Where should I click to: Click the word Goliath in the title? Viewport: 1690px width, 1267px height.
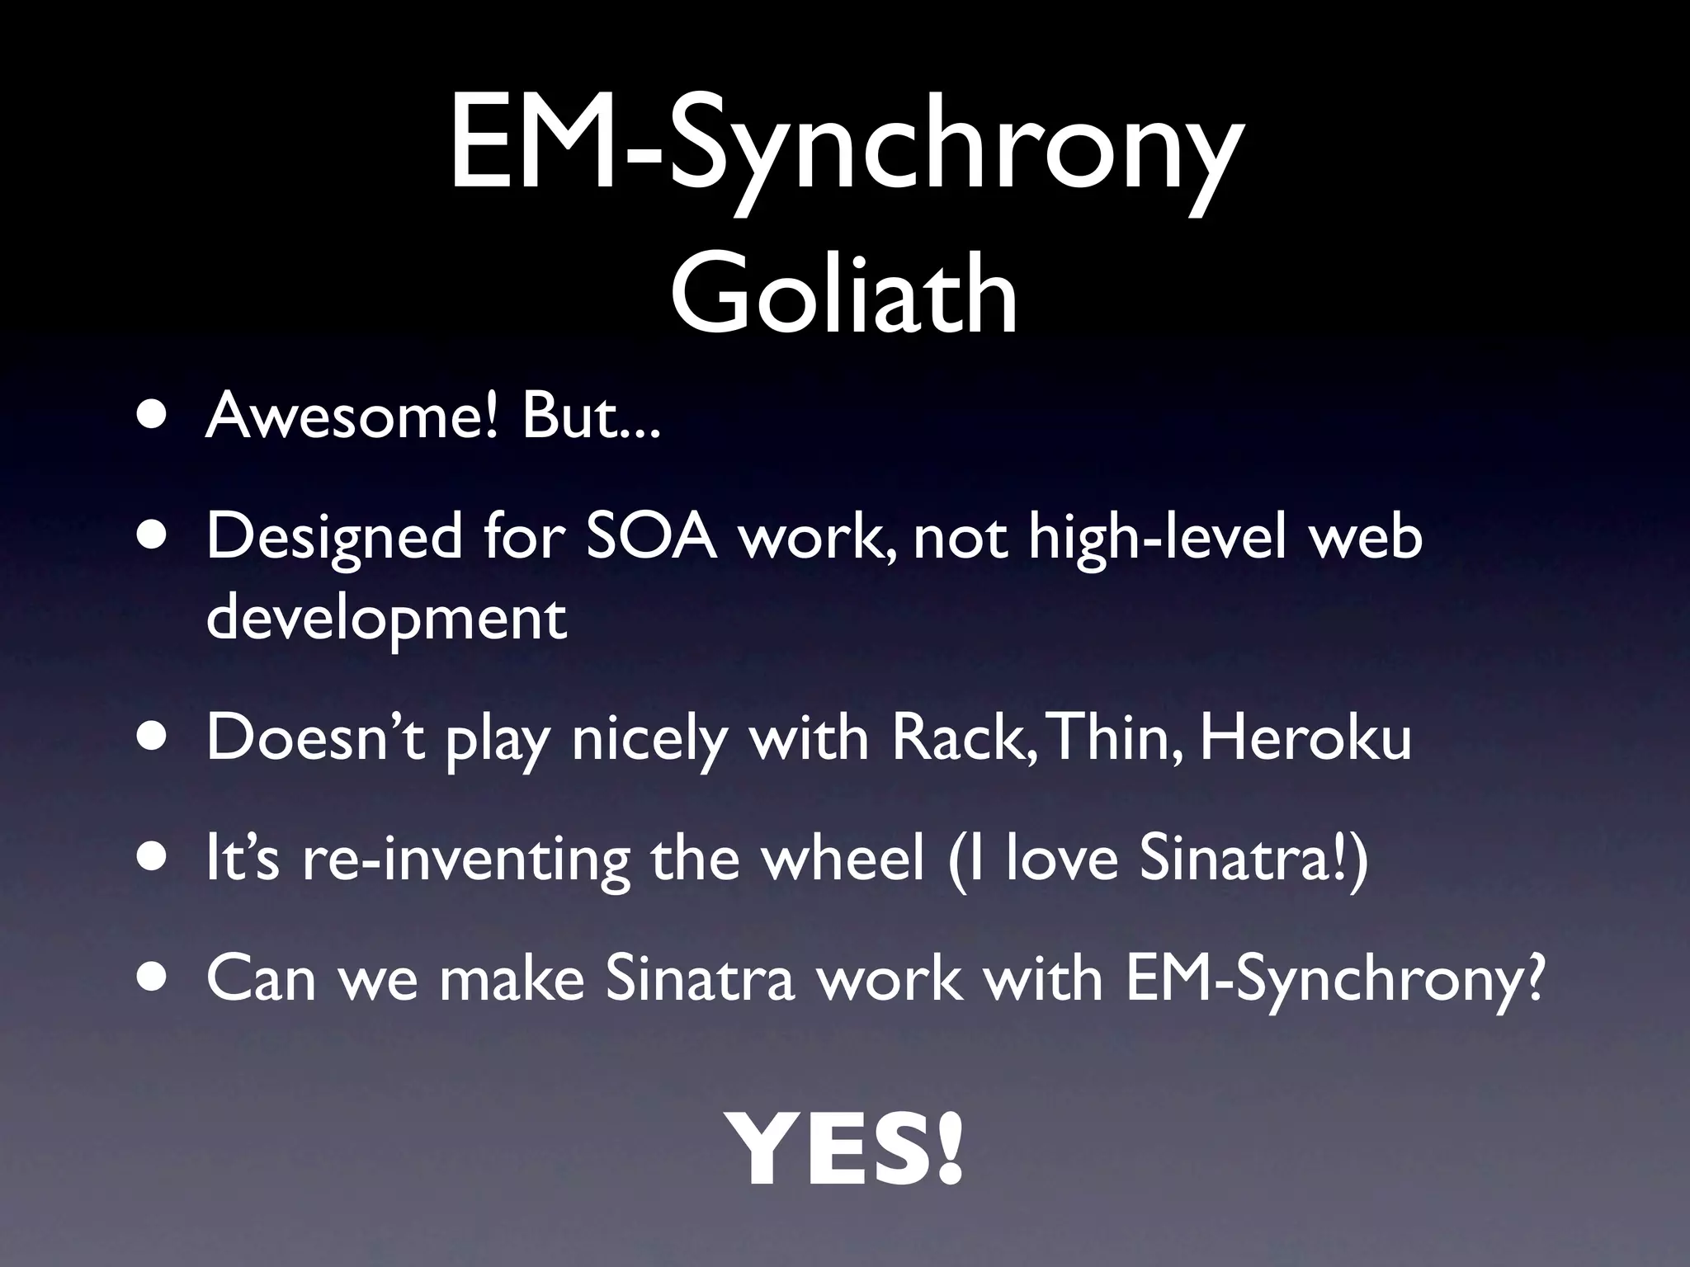click(x=843, y=294)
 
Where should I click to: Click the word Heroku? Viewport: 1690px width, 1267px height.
click(x=1305, y=738)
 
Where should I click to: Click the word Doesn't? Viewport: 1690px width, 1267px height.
click(x=315, y=738)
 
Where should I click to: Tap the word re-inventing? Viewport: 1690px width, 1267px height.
click(x=466, y=861)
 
